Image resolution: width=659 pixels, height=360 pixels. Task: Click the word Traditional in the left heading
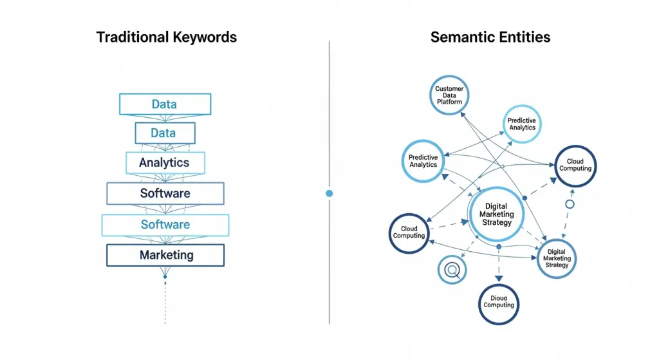pos(131,37)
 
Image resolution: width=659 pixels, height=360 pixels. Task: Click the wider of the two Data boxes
pos(165,104)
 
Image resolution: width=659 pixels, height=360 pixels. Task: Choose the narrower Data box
pos(165,133)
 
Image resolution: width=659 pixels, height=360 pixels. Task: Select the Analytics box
pos(165,163)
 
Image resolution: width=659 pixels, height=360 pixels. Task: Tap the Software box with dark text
pos(165,193)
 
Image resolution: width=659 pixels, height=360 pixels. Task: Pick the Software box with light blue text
pos(165,225)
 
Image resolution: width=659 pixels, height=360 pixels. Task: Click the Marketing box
pos(165,255)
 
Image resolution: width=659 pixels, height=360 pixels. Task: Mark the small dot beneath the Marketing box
pos(165,277)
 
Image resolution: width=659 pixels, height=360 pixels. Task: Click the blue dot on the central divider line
pos(329,193)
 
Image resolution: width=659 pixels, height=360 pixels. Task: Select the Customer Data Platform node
pos(449,95)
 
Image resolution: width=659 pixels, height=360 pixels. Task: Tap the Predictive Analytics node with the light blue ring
pos(522,124)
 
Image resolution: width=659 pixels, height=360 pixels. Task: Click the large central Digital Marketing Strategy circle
pos(496,214)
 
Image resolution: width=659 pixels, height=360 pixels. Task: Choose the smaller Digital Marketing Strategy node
pos(556,258)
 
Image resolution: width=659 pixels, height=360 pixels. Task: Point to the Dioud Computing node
pos(499,303)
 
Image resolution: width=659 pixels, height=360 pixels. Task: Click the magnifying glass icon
pos(452,269)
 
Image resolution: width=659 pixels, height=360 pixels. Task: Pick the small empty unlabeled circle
pos(569,204)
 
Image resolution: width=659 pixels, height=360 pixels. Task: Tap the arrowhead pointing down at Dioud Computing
pos(499,278)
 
